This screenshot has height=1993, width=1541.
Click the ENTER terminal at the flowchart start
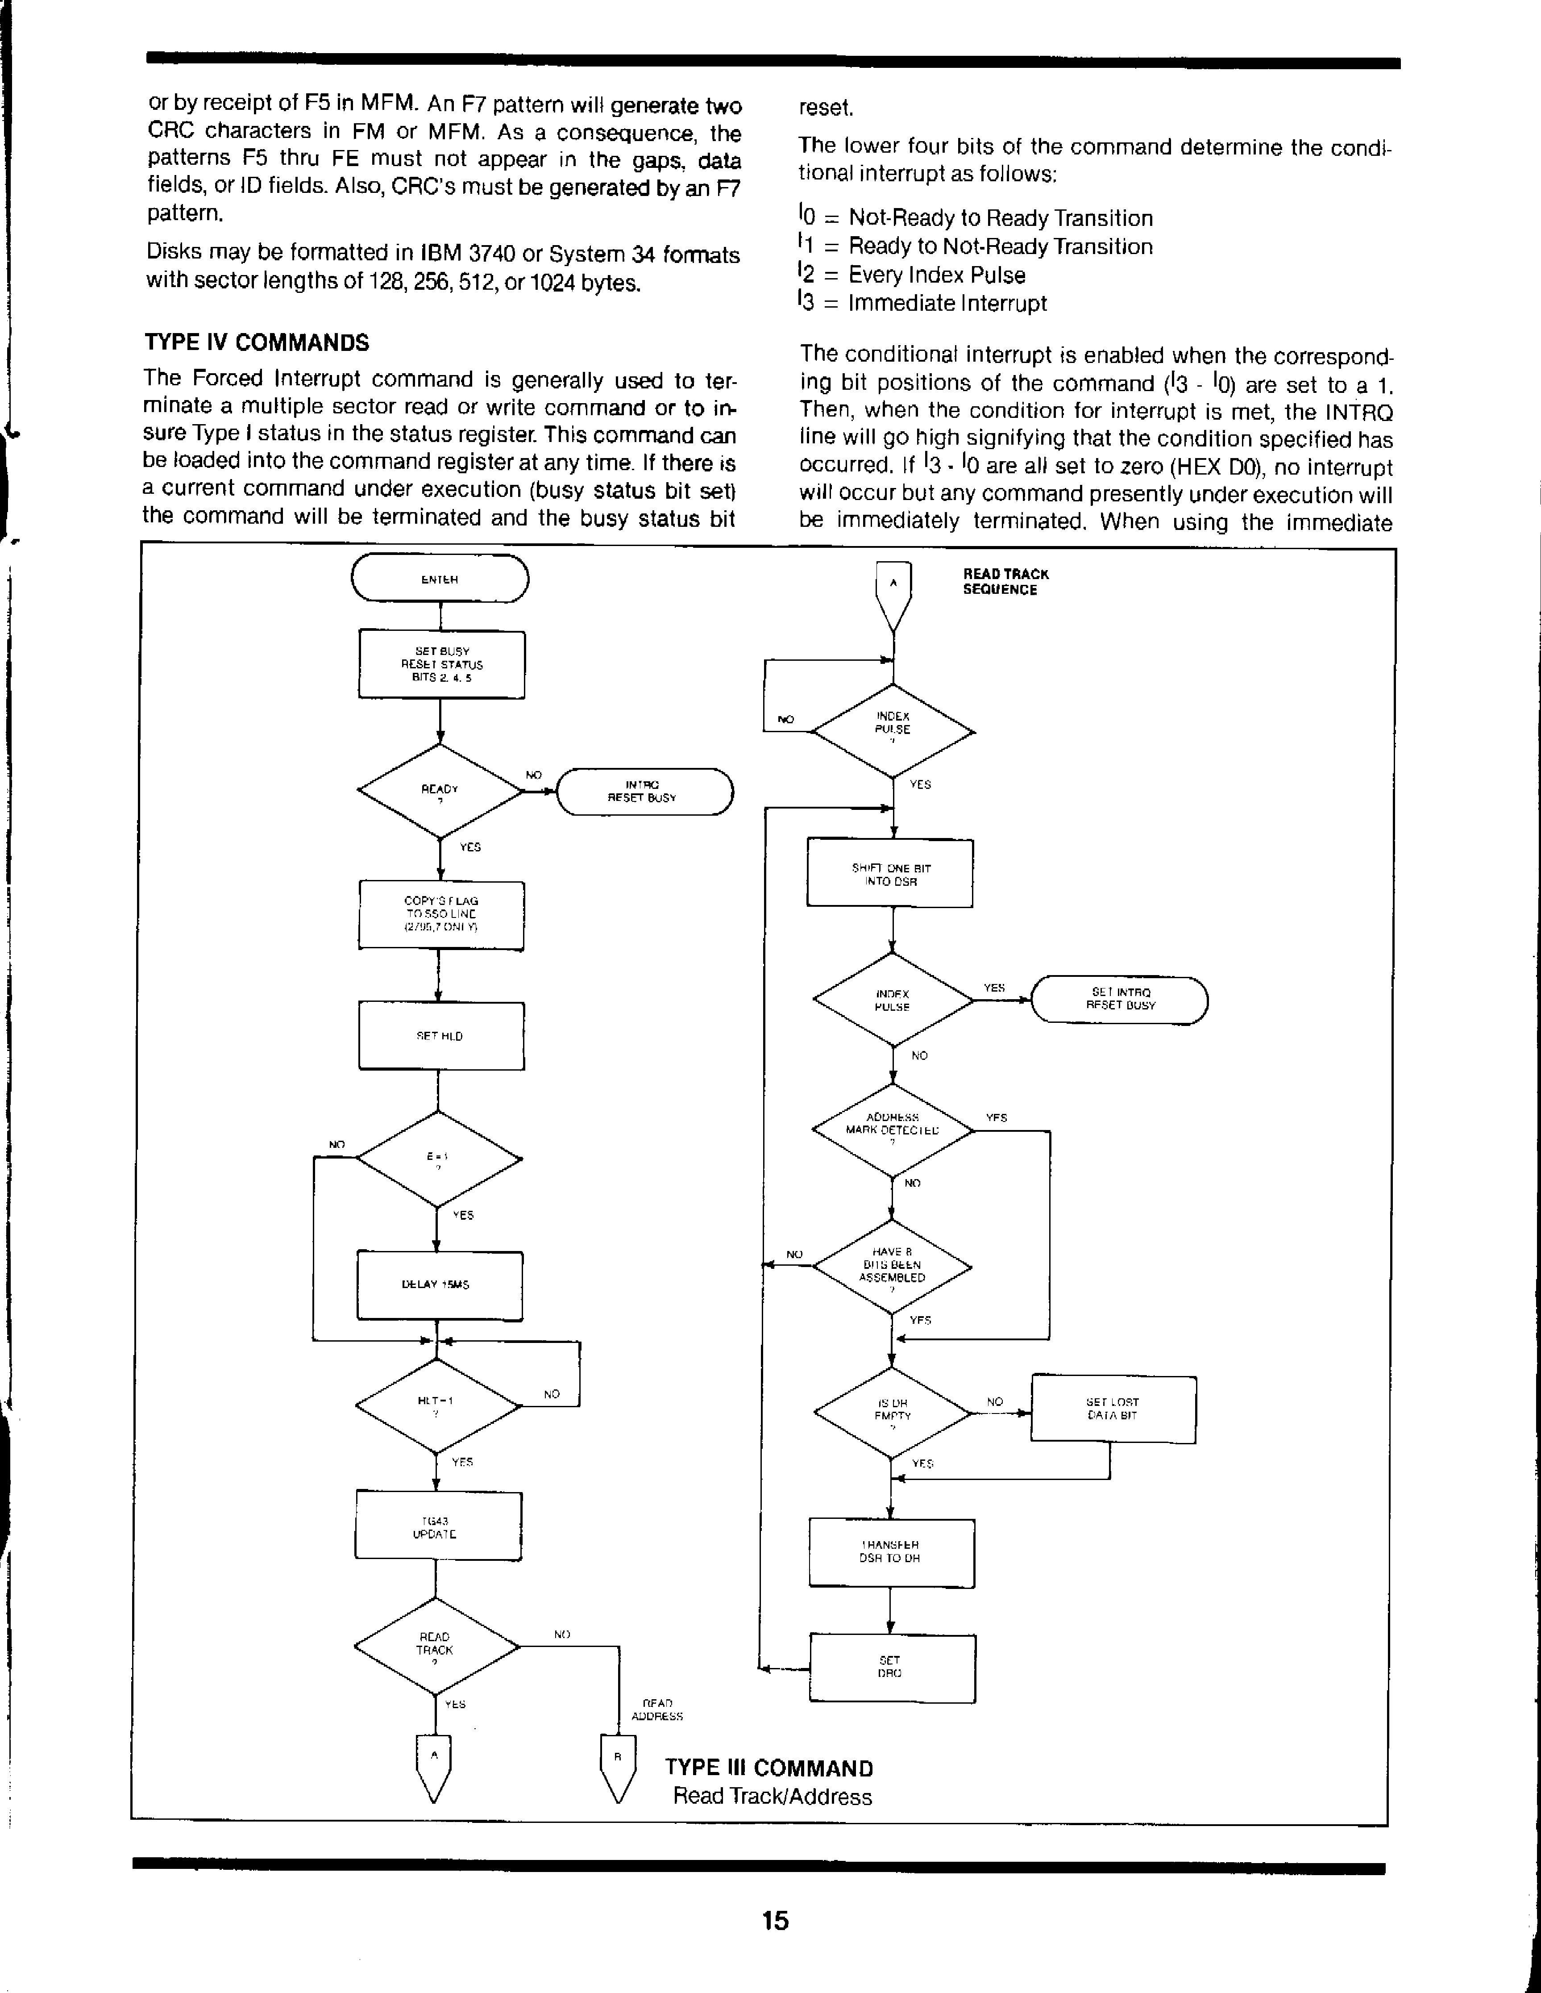[440, 579]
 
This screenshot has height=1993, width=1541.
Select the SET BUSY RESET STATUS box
[441, 664]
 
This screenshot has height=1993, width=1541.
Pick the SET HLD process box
[440, 1036]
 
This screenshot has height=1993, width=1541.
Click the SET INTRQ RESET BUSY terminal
[1119, 999]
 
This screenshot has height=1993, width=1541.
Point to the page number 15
[775, 1920]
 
